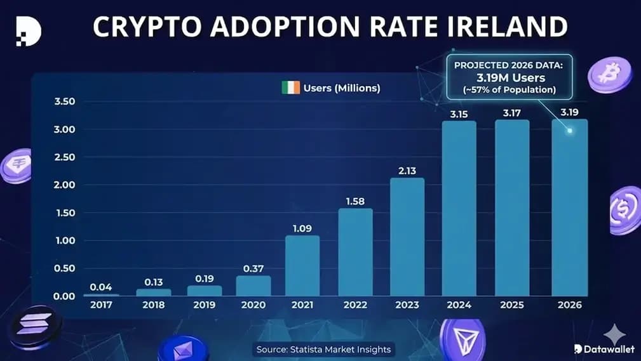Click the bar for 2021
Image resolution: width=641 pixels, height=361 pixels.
click(x=302, y=266)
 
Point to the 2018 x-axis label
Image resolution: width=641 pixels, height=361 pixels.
click(x=153, y=305)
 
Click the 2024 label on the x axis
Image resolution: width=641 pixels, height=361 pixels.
click(x=459, y=305)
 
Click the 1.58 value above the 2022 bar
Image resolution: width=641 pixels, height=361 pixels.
click(x=355, y=201)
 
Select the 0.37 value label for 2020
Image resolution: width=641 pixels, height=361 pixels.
click(x=253, y=268)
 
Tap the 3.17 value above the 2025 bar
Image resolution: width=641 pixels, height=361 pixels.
click(x=512, y=113)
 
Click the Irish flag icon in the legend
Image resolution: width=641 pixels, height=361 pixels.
click(x=290, y=88)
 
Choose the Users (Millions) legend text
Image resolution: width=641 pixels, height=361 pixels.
click(x=342, y=88)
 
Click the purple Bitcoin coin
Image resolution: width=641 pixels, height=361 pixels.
click(x=610, y=74)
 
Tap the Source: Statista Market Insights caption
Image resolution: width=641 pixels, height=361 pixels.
click(x=323, y=350)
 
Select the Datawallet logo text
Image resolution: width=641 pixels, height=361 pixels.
click(x=604, y=349)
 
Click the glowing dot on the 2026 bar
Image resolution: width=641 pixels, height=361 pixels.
click(x=570, y=131)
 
